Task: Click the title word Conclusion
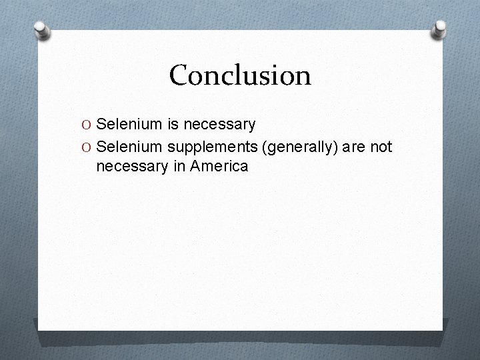tap(240, 75)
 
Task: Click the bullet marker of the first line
tap(89, 125)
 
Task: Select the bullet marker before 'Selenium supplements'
tap(89, 146)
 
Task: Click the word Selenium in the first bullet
tap(127, 124)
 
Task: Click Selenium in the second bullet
tap(127, 145)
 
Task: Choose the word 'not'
tap(381, 146)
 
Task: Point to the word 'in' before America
tap(179, 167)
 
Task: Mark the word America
tap(219, 167)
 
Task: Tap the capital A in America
tap(195, 167)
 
